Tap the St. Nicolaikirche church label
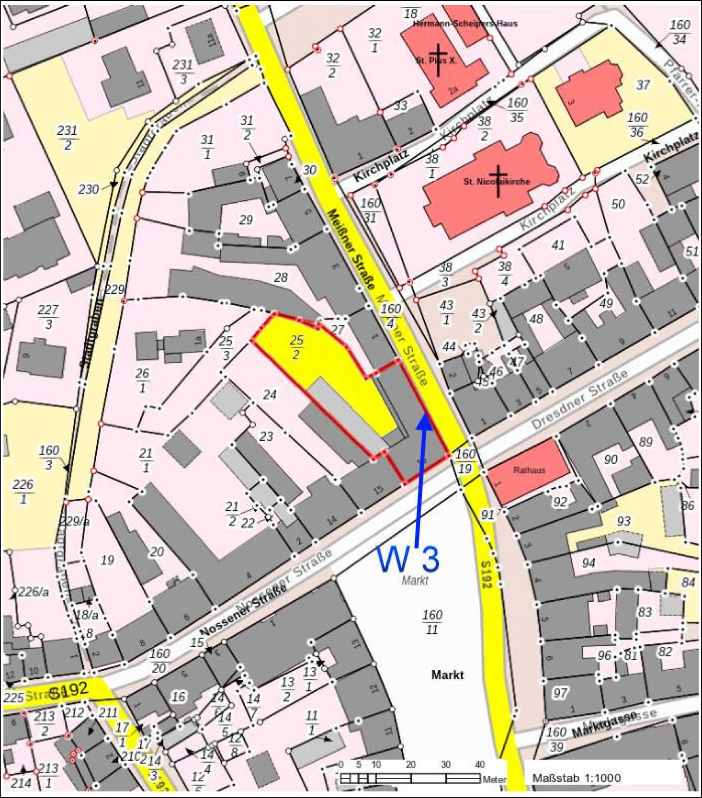point(496,182)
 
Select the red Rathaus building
point(528,470)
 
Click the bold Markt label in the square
point(447,674)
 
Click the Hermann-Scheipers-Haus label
point(465,24)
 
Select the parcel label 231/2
point(68,138)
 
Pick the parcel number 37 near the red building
point(643,85)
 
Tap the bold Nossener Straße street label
point(243,612)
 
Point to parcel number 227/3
point(48,317)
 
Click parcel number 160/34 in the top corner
point(680,32)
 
